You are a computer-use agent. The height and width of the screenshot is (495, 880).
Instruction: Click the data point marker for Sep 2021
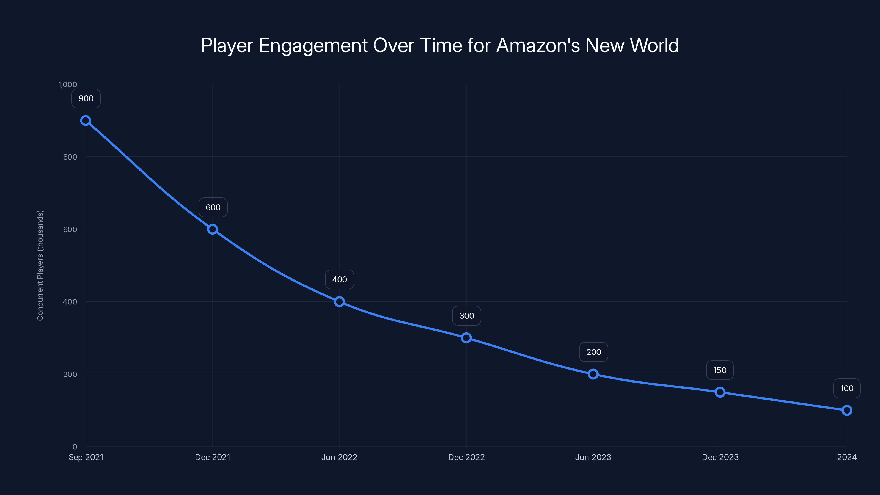(x=86, y=121)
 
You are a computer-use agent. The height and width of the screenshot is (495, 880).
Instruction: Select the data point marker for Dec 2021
(x=213, y=229)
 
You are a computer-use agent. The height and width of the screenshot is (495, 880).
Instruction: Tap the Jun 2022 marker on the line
(x=339, y=302)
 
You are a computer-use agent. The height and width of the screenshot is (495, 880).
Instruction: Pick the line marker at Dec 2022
(x=466, y=338)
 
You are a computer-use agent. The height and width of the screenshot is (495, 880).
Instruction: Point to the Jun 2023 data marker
(x=593, y=374)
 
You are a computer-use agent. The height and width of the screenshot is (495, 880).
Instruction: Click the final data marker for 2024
(x=847, y=410)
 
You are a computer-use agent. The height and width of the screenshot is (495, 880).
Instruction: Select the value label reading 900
(x=86, y=99)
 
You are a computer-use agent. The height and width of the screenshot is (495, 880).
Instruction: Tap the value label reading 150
(x=720, y=370)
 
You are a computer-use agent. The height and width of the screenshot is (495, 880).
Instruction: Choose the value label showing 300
(x=467, y=316)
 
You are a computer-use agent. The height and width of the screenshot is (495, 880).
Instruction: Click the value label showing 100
(x=847, y=388)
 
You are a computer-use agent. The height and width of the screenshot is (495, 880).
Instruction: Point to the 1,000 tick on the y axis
(x=68, y=84)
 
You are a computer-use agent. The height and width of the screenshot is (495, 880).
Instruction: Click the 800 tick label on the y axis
(x=70, y=157)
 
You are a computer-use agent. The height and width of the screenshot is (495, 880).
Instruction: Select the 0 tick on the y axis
(x=75, y=447)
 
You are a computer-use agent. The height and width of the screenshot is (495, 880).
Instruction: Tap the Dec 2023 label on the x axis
(x=720, y=457)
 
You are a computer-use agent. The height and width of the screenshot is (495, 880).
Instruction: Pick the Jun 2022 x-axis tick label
(x=339, y=457)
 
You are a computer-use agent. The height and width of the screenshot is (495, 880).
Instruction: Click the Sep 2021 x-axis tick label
(x=86, y=457)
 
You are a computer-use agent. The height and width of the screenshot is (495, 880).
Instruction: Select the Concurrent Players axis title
(x=40, y=265)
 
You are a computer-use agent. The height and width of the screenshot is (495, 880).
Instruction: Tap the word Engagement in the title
(x=313, y=45)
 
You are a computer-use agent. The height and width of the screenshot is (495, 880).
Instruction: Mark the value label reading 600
(x=213, y=207)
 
